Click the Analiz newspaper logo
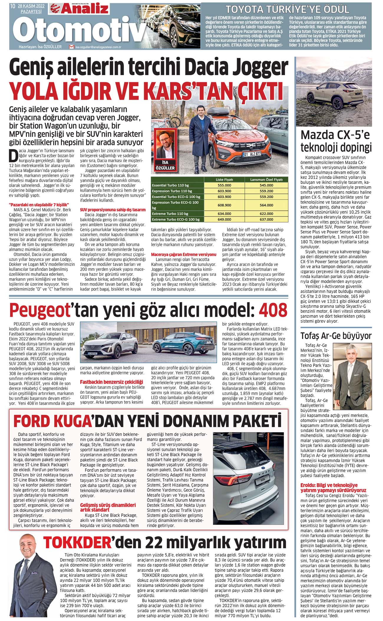[x=79, y=9]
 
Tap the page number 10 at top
[x=12, y=6]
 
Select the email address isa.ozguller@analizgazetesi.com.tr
[x=98, y=47]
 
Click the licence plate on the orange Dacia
[x=252, y=154]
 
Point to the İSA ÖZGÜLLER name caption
[x=165, y=165]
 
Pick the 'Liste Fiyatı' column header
[x=224, y=179]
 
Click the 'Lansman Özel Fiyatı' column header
[x=266, y=179]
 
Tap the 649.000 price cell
[x=224, y=219]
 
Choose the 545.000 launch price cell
[x=266, y=185]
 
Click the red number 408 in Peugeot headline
[x=273, y=310]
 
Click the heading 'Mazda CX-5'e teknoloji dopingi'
[x=336, y=141]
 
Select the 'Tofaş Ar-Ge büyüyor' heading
[x=336, y=336]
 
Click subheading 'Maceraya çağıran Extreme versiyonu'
[x=184, y=254]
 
